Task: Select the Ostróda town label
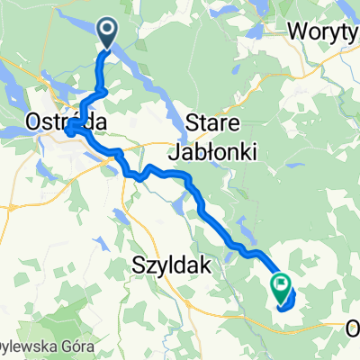(60, 121)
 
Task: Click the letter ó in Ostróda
(70, 121)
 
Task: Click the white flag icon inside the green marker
(282, 287)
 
